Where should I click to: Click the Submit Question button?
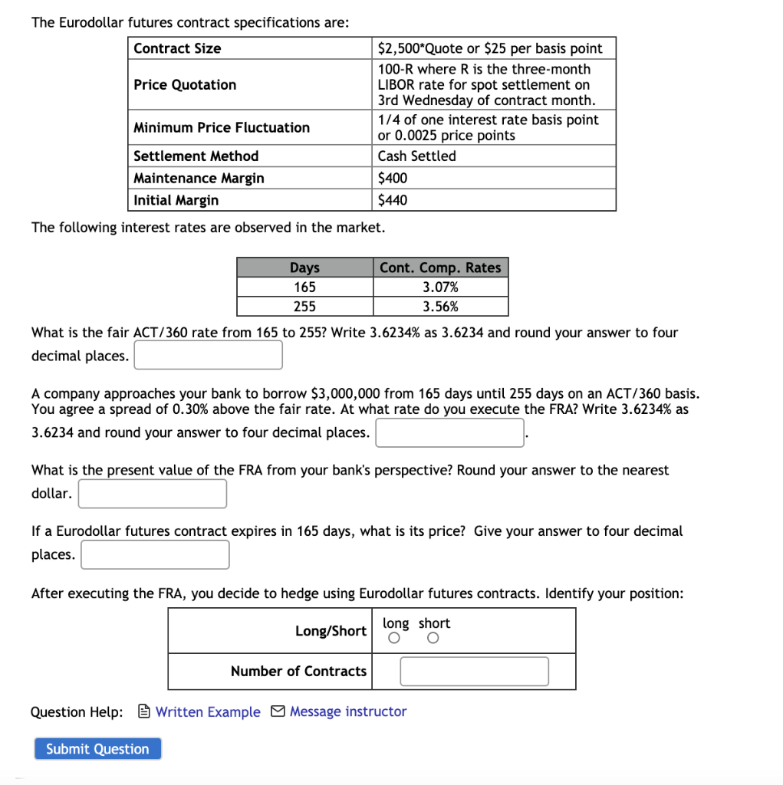(97, 749)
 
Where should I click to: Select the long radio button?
(394, 639)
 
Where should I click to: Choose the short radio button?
(433, 639)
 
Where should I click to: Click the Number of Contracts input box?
(474, 672)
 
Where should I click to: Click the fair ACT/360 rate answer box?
(209, 355)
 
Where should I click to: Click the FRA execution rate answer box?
(449, 432)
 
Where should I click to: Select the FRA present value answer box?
(153, 494)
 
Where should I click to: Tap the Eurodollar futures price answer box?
(155, 554)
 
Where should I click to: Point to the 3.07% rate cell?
(440, 287)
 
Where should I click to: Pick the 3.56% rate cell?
(440, 307)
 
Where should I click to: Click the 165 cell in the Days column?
(304, 287)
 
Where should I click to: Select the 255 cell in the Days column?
(304, 307)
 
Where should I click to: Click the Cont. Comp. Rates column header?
(440, 268)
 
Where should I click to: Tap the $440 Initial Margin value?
(393, 201)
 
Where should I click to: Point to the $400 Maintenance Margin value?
(393, 179)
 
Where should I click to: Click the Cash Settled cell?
(416, 156)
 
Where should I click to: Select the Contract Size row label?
(177, 48)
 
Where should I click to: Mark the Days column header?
(304, 268)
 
